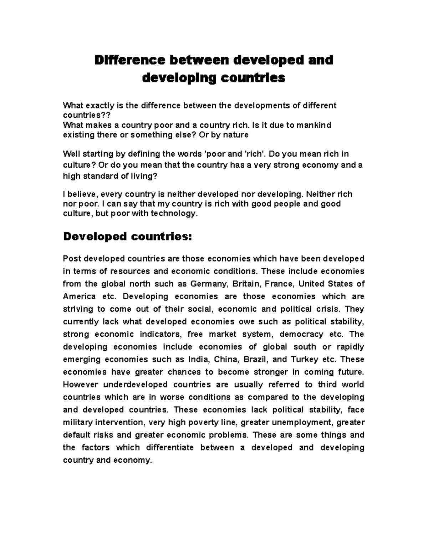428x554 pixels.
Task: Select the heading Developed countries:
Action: click(127, 237)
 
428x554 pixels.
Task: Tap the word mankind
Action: click(314, 125)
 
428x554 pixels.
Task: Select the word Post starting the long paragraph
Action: click(71, 259)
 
